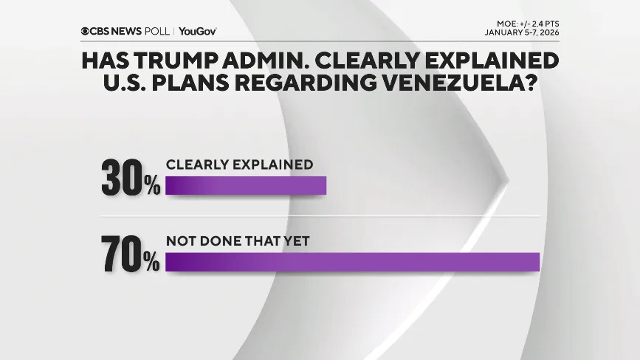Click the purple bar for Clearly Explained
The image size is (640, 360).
pyautogui.click(x=245, y=186)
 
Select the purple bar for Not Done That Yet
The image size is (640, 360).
pyautogui.click(x=353, y=261)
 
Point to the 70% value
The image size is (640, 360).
pyautogui.click(x=131, y=256)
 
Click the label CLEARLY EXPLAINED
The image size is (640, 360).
pyautogui.click(x=239, y=165)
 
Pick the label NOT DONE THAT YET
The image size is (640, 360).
pyautogui.click(x=237, y=240)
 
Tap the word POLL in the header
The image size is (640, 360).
pyautogui.click(x=159, y=31)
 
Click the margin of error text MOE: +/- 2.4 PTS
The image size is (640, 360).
pyautogui.click(x=528, y=24)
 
